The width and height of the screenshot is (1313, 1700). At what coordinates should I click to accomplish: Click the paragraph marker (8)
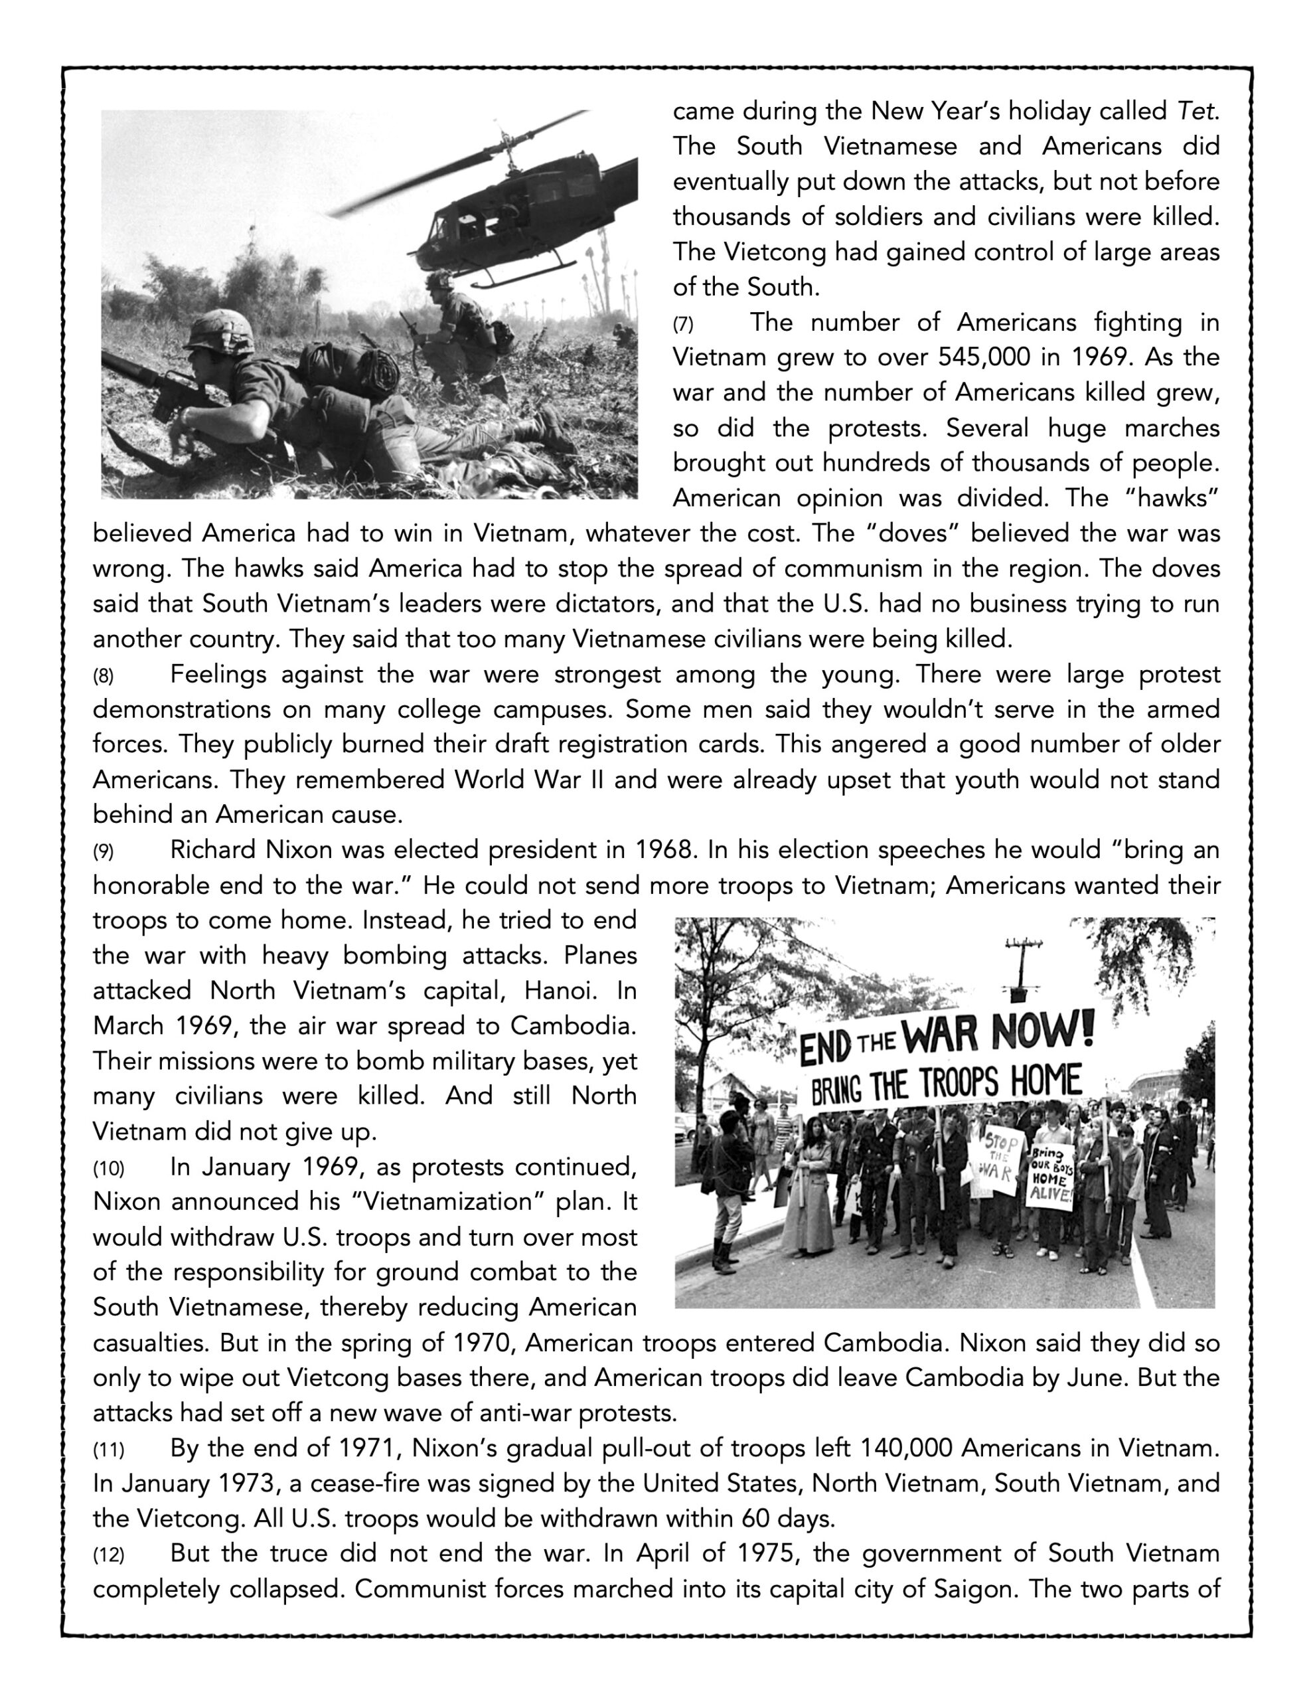[103, 675]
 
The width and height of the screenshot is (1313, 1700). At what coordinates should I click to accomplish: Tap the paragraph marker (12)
[108, 1555]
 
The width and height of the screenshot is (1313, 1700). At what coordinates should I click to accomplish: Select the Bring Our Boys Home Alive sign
[1051, 1175]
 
